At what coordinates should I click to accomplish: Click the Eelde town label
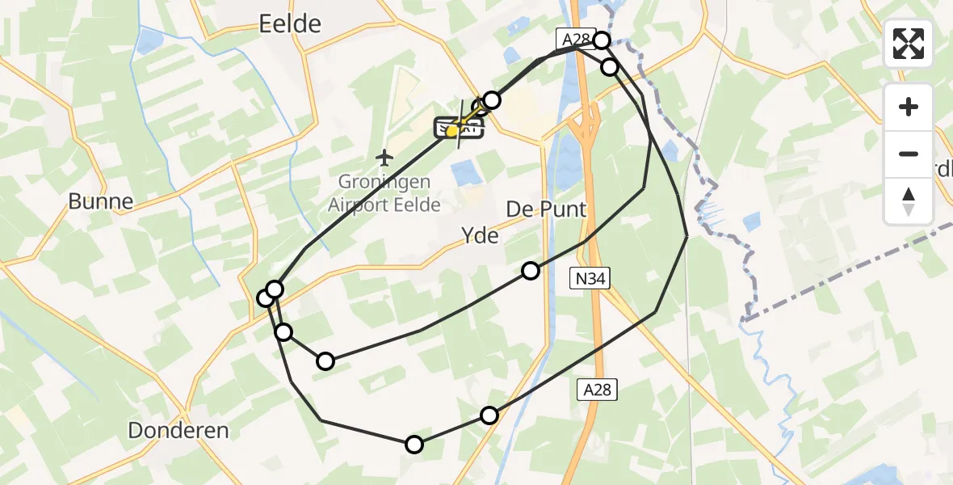tap(290, 24)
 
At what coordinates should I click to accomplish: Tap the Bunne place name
tap(100, 201)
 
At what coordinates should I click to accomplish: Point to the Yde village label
tap(480, 236)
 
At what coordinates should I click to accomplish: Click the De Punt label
tap(546, 209)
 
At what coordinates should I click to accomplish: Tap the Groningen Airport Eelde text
tap(384, 193)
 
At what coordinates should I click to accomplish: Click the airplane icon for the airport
tap(384, 155)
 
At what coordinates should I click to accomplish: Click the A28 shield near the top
tap(573, 38)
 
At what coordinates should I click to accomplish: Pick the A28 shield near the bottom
tap(599, 390)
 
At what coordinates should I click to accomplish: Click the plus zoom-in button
tap(909, 107)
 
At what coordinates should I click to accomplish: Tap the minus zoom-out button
tap(909, 154)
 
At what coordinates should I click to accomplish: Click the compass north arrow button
tap(909, 200)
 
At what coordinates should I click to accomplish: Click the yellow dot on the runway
tap(452, 130)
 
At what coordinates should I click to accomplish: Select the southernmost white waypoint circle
tap(414, 444)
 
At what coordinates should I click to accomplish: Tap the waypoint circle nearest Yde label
tap(530, 271)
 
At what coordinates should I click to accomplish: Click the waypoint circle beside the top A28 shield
tap(601, 40)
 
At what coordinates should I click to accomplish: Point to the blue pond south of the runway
tap(464, 172)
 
